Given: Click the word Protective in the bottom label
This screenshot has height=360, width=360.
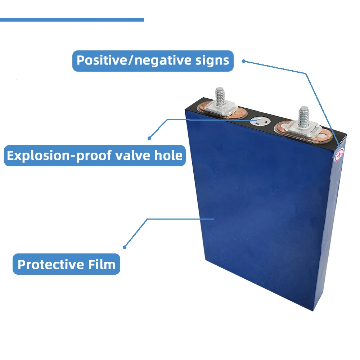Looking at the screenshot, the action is [x=50, y=265].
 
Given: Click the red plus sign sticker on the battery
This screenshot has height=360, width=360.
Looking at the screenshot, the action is [x=339, y=155].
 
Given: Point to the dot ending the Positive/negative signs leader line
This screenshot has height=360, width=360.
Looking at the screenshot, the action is [x=243, y=61].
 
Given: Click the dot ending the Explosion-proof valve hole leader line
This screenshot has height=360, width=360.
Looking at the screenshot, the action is [x=149, y=138].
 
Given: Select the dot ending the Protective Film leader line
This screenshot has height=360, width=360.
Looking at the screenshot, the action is [x=125, y=247].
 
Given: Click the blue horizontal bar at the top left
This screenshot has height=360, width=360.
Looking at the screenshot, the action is [x=72, y=20].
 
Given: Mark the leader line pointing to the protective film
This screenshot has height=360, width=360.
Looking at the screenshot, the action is [x=180, y=219].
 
